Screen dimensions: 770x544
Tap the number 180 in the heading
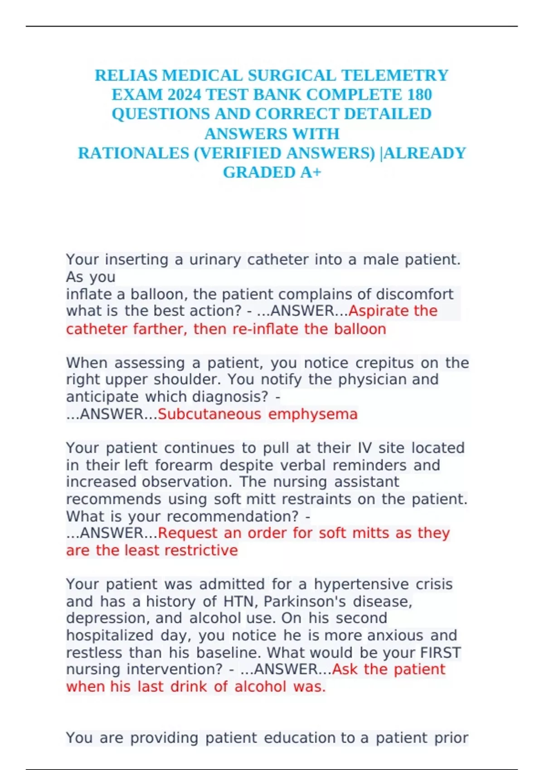[419, 95]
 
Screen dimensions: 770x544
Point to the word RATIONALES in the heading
[133, 153]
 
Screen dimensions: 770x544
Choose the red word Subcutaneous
[209, 414]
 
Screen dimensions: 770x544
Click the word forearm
[184, 465]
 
